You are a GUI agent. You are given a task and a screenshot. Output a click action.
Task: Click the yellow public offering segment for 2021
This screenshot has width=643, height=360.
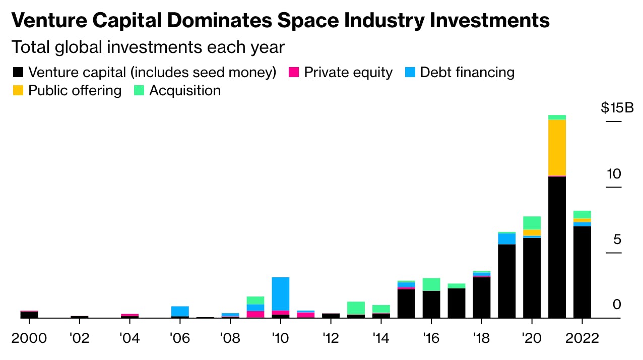click(557, 147)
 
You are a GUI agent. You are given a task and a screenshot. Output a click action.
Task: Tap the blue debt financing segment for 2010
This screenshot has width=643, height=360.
click(280, 293)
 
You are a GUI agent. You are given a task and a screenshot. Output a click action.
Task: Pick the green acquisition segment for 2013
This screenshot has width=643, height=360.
click(356, 308)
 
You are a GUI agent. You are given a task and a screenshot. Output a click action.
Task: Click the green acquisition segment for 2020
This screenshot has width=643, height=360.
click(532, 223)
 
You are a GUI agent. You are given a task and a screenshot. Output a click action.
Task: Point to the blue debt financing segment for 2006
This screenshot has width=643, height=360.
click(180, 311)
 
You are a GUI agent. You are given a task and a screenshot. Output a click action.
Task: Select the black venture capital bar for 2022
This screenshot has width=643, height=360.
click(582, 272)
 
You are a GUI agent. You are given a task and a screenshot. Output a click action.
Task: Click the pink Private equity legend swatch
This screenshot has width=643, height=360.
click(294, 73)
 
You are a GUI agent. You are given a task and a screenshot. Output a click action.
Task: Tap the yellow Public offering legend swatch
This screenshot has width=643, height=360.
click(17, 91)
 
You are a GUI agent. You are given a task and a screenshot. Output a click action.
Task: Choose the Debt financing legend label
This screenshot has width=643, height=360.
click(467, 73)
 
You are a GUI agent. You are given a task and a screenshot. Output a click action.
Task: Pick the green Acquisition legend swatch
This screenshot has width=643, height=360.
click(139, 91)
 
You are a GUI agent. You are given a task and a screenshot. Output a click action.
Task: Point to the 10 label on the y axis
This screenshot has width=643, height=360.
click(614, 174)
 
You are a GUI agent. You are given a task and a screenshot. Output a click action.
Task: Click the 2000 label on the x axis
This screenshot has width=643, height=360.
click(29, 338)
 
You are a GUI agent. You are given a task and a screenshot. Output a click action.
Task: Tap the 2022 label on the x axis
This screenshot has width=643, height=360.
click(582, 338)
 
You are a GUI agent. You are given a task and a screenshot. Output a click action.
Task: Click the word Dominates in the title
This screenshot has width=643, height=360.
click(220, 20)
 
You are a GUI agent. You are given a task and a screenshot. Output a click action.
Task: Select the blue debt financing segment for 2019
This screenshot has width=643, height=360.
click(506, 238)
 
